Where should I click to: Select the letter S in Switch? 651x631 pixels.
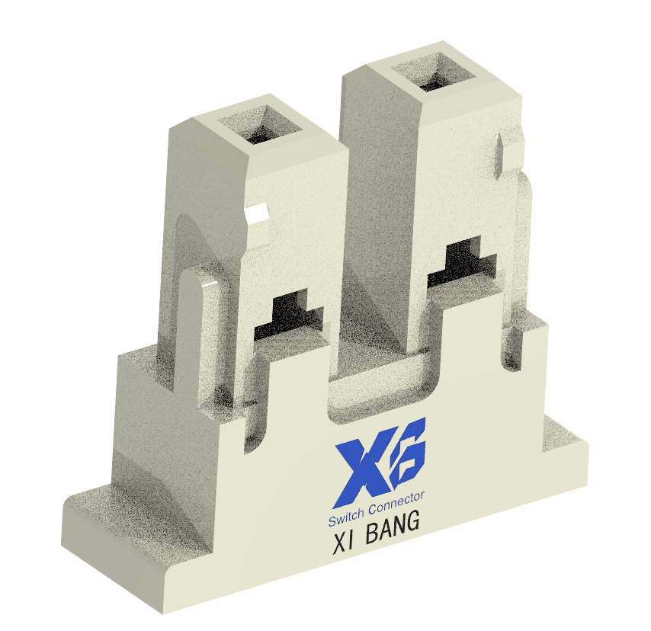(x=332, y=523)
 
